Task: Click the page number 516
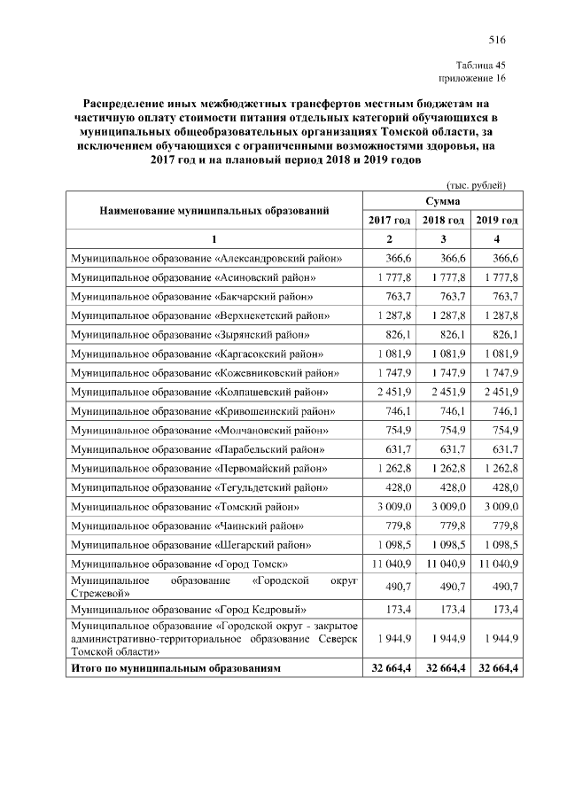point(496,41)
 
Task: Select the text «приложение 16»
point(472,79)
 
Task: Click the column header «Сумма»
point(440,202)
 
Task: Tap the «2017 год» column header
point(389,220)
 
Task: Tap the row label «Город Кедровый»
point(189,611)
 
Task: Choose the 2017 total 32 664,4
point(388,668)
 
